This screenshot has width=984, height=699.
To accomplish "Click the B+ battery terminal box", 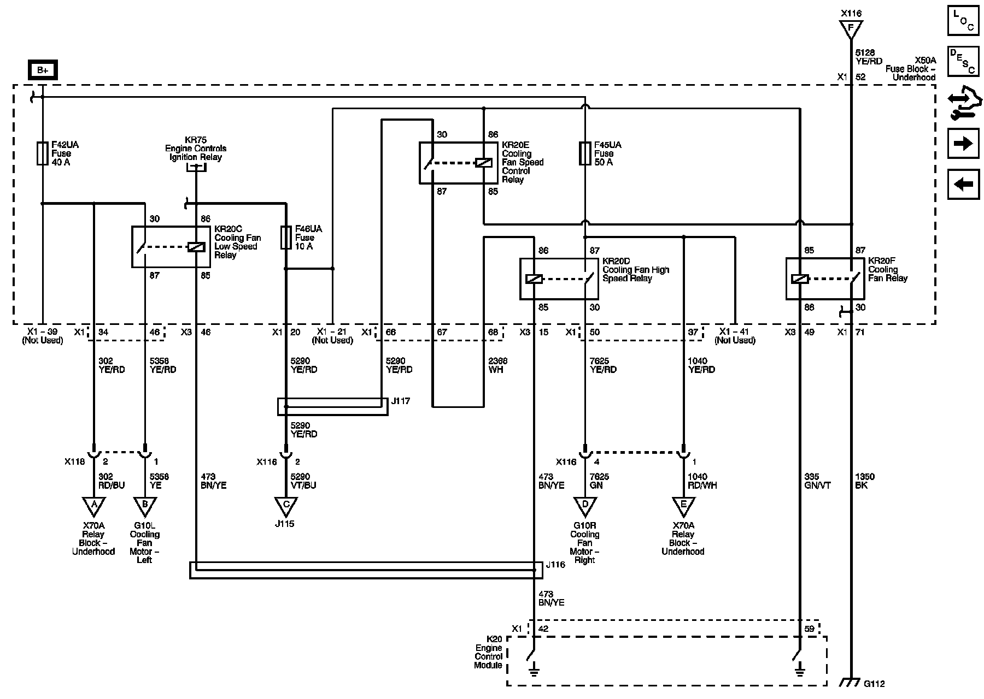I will [43, 70].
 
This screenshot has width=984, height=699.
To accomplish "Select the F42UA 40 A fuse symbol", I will [43, 153].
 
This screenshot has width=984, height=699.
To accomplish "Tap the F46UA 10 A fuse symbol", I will [285, 238].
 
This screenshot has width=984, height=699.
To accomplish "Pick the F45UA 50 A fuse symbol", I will [585, 153].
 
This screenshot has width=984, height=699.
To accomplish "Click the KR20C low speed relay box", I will [171, 247].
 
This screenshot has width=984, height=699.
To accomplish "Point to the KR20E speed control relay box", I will [458, 163].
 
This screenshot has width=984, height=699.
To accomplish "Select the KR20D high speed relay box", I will [559, 279].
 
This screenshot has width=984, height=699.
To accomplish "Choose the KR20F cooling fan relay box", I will [825, 279].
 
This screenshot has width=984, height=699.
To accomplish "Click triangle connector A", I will [93, 506].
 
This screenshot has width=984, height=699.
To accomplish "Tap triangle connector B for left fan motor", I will [144, 506].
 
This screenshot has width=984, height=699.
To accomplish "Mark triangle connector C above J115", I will [285, 506].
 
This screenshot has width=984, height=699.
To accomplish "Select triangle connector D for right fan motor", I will [585, 506].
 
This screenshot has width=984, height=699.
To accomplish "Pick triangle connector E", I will [683, 506].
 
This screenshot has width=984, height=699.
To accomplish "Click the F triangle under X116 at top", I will [851, 28].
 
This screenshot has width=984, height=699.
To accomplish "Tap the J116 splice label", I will [555, 565].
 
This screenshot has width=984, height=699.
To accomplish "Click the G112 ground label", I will [874, 683].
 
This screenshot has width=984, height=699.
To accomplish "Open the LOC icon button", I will [963, 21].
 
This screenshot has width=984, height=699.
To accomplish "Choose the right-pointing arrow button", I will [963, 144].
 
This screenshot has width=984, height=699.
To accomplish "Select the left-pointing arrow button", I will [963, 184].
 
